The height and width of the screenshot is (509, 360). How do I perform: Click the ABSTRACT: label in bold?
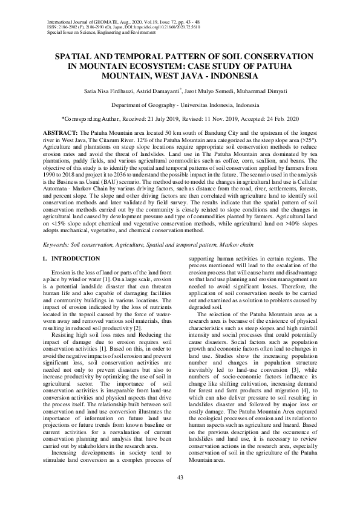click(x=61, y=132)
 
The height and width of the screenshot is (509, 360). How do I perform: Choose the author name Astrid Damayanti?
click(x=163, y=91)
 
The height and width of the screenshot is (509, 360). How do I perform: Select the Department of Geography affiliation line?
click(x=180, y=105)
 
